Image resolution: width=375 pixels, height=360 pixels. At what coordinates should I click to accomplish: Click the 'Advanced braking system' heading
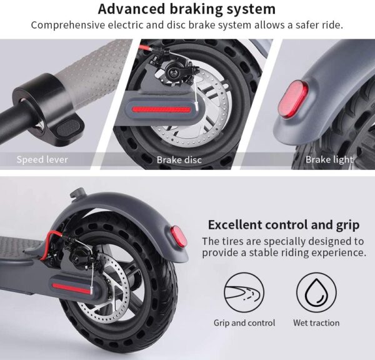[186, 9]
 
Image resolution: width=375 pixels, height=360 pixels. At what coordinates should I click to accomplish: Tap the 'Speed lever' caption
[42, 159]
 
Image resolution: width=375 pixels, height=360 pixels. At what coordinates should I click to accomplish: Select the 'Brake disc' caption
[179, 160]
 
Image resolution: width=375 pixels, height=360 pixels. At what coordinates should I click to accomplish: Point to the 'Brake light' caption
[329, 159]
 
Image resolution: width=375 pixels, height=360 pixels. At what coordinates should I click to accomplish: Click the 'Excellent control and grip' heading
[284, 225]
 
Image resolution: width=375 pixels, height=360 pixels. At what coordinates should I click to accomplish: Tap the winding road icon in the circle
[244, 292]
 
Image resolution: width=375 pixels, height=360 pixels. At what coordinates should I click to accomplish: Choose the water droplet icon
[316, 292]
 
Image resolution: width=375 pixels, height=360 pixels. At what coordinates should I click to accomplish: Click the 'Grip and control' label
[244, 322]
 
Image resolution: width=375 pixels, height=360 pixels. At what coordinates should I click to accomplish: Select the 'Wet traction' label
[316, 322]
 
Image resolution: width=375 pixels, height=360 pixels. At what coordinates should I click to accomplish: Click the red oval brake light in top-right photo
[293, 99]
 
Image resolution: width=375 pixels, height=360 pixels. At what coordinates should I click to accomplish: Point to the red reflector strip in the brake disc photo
[161, 110]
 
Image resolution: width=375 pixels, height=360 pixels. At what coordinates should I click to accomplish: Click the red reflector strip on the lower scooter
[72, 289]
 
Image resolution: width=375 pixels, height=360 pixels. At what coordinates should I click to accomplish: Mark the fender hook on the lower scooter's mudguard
[77, 192]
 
